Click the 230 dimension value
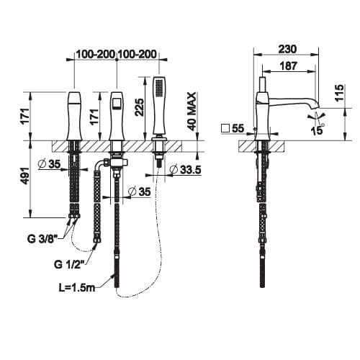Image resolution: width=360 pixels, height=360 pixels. click(287, 50)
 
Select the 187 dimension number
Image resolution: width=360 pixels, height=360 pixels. click(289, 66)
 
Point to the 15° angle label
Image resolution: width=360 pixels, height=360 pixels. click(318, 130)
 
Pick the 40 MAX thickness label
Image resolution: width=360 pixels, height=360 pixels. click(192, 112)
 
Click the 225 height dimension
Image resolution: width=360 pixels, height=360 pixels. click(140, 107)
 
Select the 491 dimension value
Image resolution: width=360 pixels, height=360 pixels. click(25, 176)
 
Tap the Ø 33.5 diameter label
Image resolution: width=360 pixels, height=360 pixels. click(185, 170)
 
